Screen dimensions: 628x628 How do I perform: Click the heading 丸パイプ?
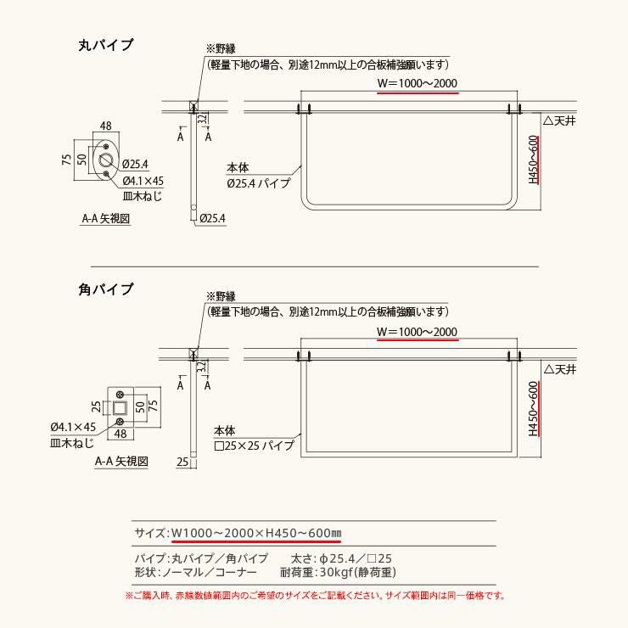pos(106,44)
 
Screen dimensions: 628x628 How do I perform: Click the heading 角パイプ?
pos(106,289)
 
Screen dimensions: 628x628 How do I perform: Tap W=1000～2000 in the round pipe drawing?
pos(418,83)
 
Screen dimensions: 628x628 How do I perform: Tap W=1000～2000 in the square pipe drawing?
pos(417,332)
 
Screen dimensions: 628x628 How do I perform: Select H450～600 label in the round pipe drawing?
pos(533,160)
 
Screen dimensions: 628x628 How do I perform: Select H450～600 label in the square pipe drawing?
pos(533,408)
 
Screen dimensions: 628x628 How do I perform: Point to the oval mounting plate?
pos(106,160)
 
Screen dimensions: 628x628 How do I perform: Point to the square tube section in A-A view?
pos(119,408)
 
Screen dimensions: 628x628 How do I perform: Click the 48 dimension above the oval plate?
pos(106,126)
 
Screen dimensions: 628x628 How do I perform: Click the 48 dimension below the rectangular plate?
pos(121,434)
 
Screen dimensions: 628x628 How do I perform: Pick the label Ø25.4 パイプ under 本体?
pos(258,183)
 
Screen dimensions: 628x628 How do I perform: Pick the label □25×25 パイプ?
pos(254,446)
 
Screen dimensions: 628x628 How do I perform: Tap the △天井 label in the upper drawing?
pos(559,121)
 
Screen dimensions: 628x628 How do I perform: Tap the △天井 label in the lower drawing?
pos(559,369)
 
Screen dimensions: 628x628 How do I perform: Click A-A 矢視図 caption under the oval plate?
pos(106,219)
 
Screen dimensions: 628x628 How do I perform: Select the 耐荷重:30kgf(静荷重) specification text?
pos(338,572)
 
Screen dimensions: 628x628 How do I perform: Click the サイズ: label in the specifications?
pos(150,533)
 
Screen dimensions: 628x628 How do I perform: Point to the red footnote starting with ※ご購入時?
pos(315,596)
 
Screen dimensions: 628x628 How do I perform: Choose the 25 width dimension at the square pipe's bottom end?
pos(182,462)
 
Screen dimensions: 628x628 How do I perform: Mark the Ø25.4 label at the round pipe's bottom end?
pos(212,219)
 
